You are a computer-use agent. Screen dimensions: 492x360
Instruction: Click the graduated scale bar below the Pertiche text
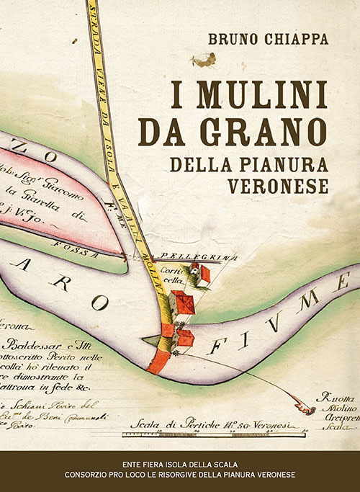pyautogui.click(x=209, y=434)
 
